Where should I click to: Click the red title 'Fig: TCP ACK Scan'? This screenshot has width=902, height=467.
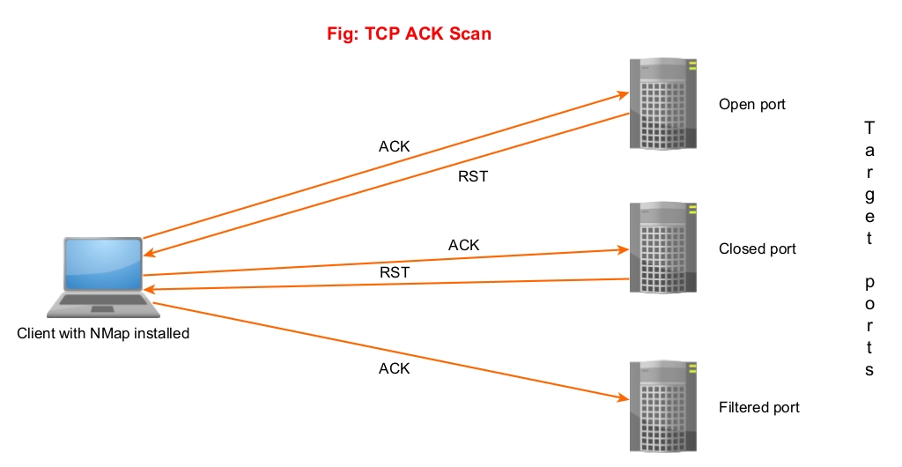[x=409, y=34]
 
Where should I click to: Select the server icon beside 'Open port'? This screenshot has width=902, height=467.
[x=662, y=103]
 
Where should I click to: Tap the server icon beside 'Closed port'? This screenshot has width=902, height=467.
[x=662, y=248]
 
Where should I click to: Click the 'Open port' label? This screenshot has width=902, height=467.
[x=751, y=104]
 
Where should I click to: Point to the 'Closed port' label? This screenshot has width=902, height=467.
[x=757, y=248]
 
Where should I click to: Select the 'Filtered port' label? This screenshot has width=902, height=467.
[x=758, y=407]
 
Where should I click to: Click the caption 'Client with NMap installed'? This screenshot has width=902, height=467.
[x=103, y=334]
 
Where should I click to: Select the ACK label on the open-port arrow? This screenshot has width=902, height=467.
[x=394, y=146]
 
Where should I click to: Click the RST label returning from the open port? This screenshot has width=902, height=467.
[x=473, y=176]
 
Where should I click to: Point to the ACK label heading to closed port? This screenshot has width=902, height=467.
[x=463, y=245]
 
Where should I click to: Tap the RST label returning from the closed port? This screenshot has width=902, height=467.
[x=395, y=272]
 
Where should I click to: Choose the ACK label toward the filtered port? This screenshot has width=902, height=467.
[x=394, y=368]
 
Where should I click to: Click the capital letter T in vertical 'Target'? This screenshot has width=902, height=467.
[x=869, y=126]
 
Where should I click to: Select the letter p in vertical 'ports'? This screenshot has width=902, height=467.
[x=869, y=284]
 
